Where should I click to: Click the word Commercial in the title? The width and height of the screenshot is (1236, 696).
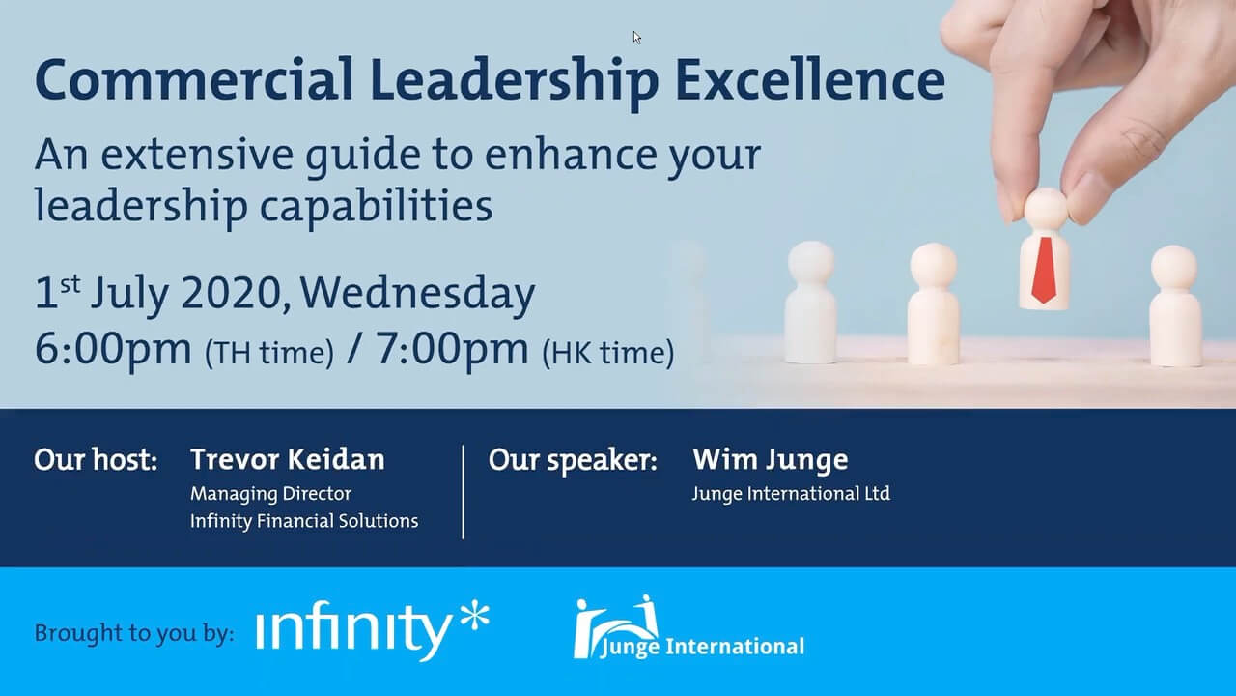pyautogui.click(x=194, y=79)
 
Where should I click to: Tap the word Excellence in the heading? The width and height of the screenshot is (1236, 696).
pyautogui.click(x=810, y=79)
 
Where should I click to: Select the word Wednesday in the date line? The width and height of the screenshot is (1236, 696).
pyautogui.click(x=418, y=293)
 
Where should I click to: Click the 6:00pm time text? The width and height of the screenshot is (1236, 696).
pyautogui.click(x=113, y=350)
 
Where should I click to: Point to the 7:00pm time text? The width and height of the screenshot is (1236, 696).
pyautogui.click(x=452, y=350)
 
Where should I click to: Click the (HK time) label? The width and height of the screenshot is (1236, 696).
pyautogui.click(x=608, y=353)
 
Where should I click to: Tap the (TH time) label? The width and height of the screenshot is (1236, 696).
pyautogui.click(x=269, y=353)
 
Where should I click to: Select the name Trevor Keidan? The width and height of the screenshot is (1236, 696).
pyautogui.click(x=288, y=459)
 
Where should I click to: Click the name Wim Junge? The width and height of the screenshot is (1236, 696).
pyautogui.click(x=771, y=460)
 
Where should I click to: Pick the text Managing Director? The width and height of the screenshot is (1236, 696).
pyautogui.click(x=270, y=494)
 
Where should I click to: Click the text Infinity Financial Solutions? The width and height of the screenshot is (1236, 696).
pyautogui.click(x=304, y=521)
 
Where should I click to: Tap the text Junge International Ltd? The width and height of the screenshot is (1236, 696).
pyautogui.click(x=791, y=494)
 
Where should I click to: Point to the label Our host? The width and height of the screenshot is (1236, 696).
pyautogui.click(x=96, y=459)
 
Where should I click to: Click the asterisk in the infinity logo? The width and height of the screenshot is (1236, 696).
pyautogui.click(x=474, y=618)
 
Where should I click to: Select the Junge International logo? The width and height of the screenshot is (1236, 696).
pyautogui.click(x=688, y=627)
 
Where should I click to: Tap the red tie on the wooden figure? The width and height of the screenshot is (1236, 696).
pyautogui.click(x=1044, y=270)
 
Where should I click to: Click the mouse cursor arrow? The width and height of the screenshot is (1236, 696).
pyautogui.click(x=636, y=38)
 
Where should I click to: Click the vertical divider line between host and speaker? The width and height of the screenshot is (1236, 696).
pyautogui.click(x=463, y=492)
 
